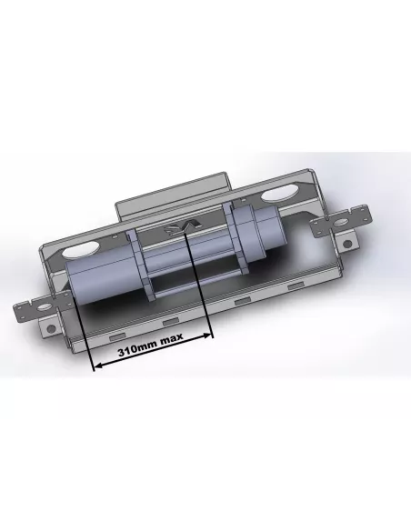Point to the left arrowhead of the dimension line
(98, 366)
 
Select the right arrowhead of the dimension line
(207, 336)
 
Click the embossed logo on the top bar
(182, 227)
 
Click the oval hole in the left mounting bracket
(44, 307)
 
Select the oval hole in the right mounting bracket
(341, 223)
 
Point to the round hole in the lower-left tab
(51, 328)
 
